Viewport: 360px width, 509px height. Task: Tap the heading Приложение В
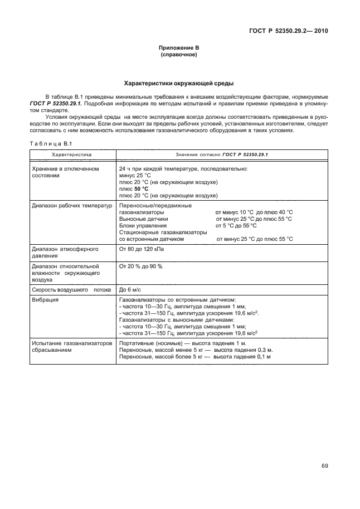[179, 49]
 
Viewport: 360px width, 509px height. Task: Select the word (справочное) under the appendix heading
[179, 55]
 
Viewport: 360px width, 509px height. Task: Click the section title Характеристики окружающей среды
[179, 84]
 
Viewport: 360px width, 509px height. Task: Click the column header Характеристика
[72, 154]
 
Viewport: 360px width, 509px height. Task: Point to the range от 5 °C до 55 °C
[236, 226]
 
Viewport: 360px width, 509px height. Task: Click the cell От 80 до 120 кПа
[142, 249]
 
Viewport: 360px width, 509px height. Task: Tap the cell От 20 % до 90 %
[140, 267]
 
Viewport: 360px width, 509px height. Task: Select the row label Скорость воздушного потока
[72, 290]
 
